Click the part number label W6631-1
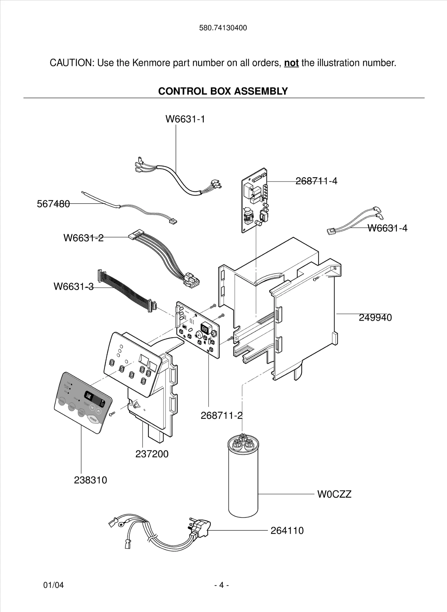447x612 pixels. click(185, 119)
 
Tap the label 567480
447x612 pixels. click(53, 204)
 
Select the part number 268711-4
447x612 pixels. click(316, 181)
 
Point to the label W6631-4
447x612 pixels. click(387, 228)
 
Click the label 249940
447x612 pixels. click(375, 317)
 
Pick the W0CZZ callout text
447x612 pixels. click(334, 494)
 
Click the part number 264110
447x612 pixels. click(287, 530)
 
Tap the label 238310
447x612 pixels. click(90, 480)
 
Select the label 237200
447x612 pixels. click(152, 454)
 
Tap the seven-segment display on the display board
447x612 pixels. click(205, 329)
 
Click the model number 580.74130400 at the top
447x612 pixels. click(223, 28)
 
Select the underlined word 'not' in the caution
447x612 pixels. click(291, 63)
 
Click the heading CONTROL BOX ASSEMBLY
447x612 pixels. click(223, 91)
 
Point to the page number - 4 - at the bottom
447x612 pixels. click(222, 585)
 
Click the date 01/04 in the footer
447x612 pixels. click(54, 585)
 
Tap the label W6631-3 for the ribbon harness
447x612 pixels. click(74, 287)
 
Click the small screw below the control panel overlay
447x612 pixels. click(112, 413)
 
